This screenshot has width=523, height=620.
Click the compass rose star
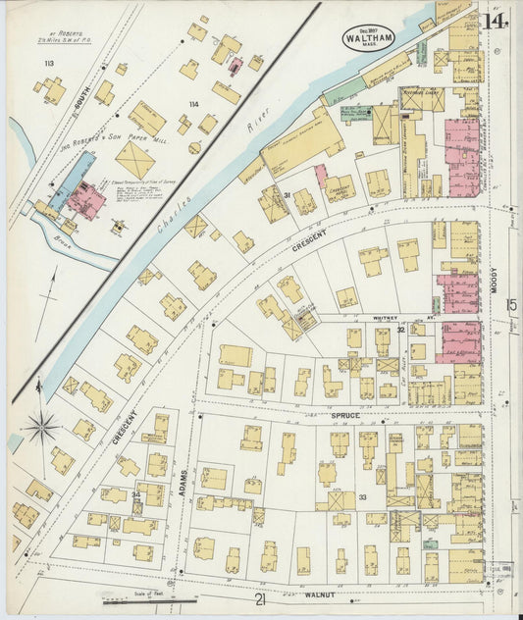click(x=42, y=426)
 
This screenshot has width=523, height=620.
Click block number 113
click(x=49, y=64)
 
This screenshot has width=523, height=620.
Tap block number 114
click(x=194, y=104)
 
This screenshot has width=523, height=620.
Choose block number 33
click(x=362, y=498)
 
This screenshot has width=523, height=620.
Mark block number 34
click(x=136, y=494)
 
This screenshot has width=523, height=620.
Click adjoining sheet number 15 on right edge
click(x=511, y=305)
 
